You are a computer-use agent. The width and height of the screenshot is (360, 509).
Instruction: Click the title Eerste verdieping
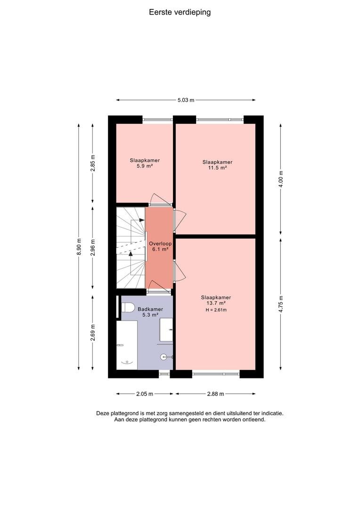(x=180, y=12)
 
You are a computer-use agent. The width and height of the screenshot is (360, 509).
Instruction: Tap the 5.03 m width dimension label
(x=186, y=100)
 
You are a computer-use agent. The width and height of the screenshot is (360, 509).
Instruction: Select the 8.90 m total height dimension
(x=79, y=246)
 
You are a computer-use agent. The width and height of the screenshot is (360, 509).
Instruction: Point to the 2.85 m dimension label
(x=93, y=163)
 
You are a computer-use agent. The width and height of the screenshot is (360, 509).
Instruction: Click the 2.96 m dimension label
(x=93, y=248)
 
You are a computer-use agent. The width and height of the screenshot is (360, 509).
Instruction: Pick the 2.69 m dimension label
(x=93, y=333)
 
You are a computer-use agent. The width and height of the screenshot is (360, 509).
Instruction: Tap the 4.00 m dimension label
(x=281, y=179)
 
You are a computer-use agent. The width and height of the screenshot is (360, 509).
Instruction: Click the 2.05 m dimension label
(x=145, y=394)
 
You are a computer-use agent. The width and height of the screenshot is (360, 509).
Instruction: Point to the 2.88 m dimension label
(x=215, y=394)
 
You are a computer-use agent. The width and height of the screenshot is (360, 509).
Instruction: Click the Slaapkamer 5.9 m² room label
(x=145, y=163)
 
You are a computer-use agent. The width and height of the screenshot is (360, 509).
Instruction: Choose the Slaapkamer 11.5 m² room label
(x=218, y=165)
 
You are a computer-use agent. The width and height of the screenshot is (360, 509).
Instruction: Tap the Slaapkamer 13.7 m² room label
(x=216, y=300)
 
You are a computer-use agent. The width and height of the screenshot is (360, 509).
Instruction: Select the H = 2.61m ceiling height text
(x=216, y=310)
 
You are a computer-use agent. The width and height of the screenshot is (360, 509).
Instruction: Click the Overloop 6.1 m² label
(x=160, y=246)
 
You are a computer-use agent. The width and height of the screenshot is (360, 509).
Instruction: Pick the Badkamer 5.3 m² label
(x=150, y=312)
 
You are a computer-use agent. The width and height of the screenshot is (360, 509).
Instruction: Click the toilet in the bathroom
(x=128, y=307)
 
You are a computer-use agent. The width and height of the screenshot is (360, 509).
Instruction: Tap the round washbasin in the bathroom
(x=164, y=357)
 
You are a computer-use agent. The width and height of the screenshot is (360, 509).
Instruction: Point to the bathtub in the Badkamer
(x=127, y=345)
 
